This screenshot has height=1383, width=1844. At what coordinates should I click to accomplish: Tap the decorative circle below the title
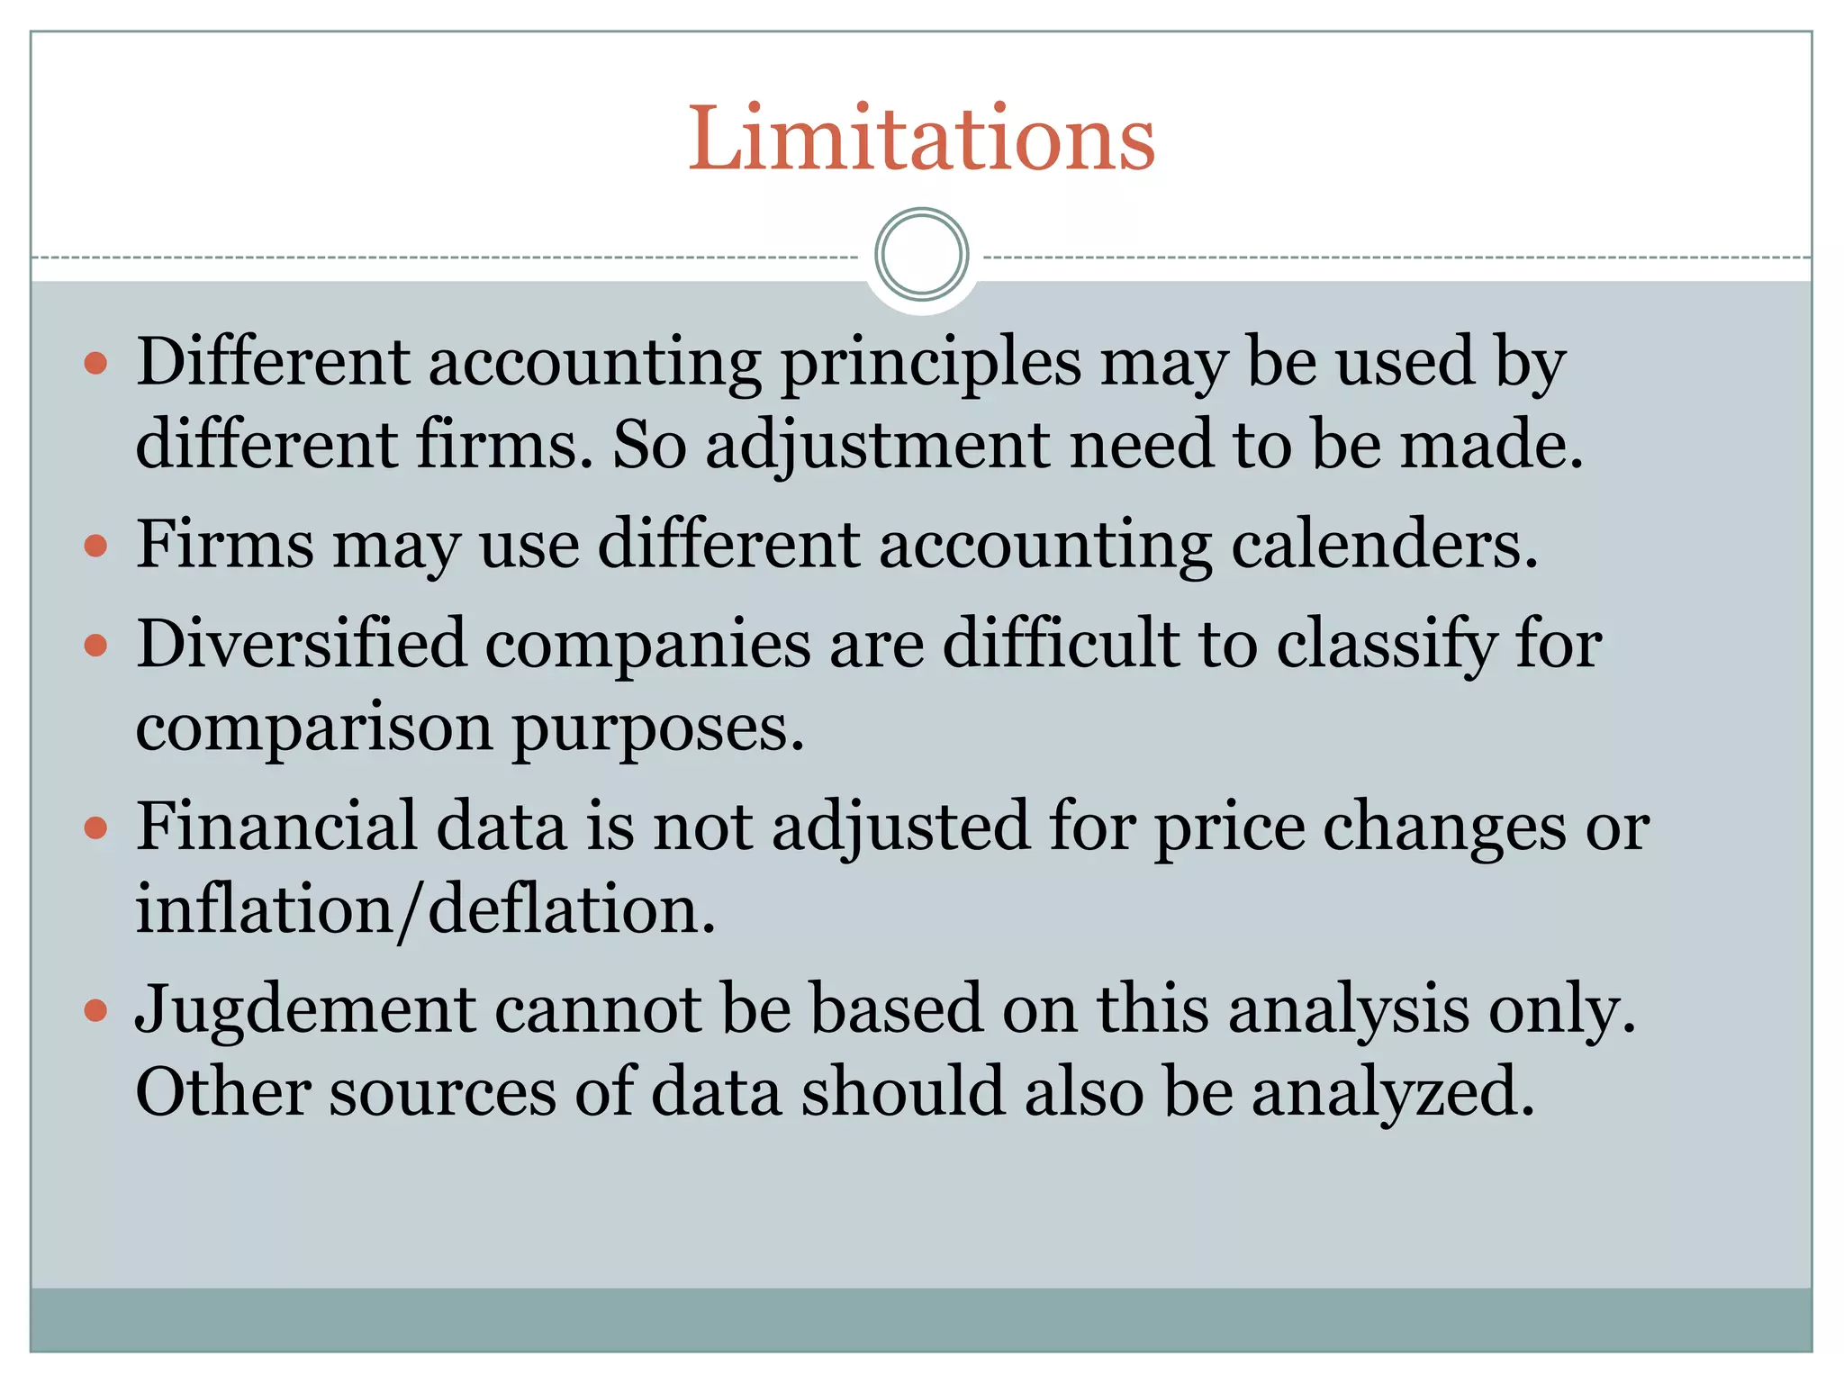point(921,254)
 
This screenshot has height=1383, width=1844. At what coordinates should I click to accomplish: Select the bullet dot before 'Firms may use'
point(95,546)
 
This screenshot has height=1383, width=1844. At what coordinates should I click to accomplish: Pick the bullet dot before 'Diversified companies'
point(95,645)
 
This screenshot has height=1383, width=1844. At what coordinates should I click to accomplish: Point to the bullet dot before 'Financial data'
point(95,827)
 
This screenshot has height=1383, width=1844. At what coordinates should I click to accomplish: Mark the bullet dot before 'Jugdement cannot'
point(95,1009)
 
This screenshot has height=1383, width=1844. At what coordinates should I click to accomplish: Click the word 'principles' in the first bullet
point(931,363)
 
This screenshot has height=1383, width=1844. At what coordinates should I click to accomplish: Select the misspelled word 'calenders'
point(1384,545)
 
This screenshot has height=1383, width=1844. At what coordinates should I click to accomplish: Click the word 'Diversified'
point(302,645)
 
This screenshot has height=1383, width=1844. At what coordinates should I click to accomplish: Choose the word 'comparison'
point(314,728)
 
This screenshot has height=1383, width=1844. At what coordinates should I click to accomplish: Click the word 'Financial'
point(277,827)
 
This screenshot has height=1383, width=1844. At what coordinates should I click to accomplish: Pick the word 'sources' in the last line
point(442,1092)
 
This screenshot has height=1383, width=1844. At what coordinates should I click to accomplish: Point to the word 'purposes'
point(658,728)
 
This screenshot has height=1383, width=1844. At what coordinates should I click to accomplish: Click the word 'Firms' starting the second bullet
point(225,545)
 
